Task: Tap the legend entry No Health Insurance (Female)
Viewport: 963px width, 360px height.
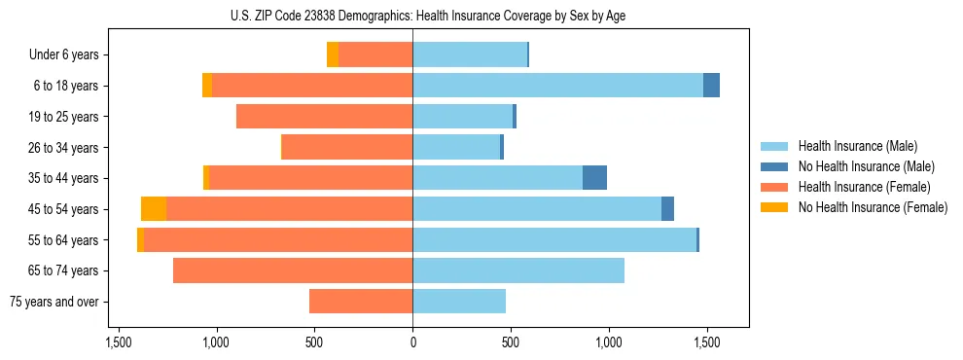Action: pos(873,207)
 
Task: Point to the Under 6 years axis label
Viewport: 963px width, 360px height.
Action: pos(63,55)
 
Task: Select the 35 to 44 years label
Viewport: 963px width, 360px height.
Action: pos(64,178)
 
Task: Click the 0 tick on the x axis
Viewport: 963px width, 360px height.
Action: pos(412,343)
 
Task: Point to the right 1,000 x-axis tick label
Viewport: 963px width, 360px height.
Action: pos(609,343)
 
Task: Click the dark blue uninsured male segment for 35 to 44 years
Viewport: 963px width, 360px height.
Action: pos(594,178)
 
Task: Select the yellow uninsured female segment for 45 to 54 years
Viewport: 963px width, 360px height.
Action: pos(154,208)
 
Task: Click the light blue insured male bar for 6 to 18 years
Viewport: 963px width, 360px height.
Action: pos(557,86)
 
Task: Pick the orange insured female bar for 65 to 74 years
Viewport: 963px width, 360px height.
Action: pos(293,270)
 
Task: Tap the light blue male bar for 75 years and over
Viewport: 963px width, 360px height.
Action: pos(459,302)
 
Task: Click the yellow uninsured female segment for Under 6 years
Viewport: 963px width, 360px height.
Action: pos(333,55)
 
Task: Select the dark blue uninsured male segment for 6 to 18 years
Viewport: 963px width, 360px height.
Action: pos(711,86)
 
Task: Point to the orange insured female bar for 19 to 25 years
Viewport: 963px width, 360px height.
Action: pos(324,117)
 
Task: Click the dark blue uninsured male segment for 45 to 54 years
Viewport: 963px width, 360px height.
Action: pos(667,208)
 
